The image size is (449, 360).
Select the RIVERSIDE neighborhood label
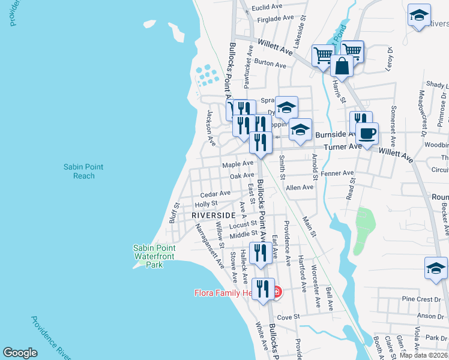tap(213, 215)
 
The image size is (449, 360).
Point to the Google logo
tap(20, 353)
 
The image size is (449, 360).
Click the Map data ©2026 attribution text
tap(423, 355)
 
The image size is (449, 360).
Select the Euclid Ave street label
tap(267, 7)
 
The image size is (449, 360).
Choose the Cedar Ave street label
tap(215, 193)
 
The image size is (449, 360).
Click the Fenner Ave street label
tap(337, 173)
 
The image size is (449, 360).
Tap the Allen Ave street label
tap(300, 187)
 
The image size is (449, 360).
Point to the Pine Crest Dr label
tap(421, 299)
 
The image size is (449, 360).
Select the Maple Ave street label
tap(238, 163)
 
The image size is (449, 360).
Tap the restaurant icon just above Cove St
tap(263, 289)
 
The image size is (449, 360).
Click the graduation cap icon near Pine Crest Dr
tap(436, 268)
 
